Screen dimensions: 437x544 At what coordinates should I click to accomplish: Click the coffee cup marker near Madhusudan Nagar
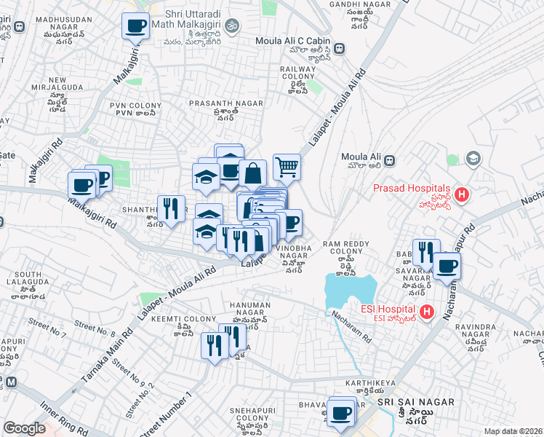click(135, 27)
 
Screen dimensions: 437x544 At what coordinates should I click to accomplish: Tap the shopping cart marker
click(287, 168)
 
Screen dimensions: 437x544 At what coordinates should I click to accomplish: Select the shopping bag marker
click(252, 173)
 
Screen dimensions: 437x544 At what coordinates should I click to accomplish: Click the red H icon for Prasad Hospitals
click(463, 195)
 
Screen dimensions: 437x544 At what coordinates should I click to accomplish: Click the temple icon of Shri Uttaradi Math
click(232, 27)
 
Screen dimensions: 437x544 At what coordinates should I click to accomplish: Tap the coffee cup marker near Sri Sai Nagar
click(340, 413)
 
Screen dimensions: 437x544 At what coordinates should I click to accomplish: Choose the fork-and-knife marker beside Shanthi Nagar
click(171, 208)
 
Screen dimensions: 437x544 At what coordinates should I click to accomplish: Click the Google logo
click(25, 429)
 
